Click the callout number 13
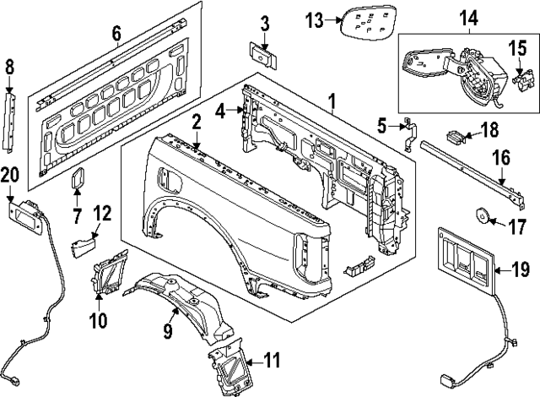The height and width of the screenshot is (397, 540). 314,20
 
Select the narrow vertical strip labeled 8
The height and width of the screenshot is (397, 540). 10,118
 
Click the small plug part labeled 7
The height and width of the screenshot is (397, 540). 78,179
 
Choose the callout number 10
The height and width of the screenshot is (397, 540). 98,320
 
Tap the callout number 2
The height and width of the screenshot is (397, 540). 195,122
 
